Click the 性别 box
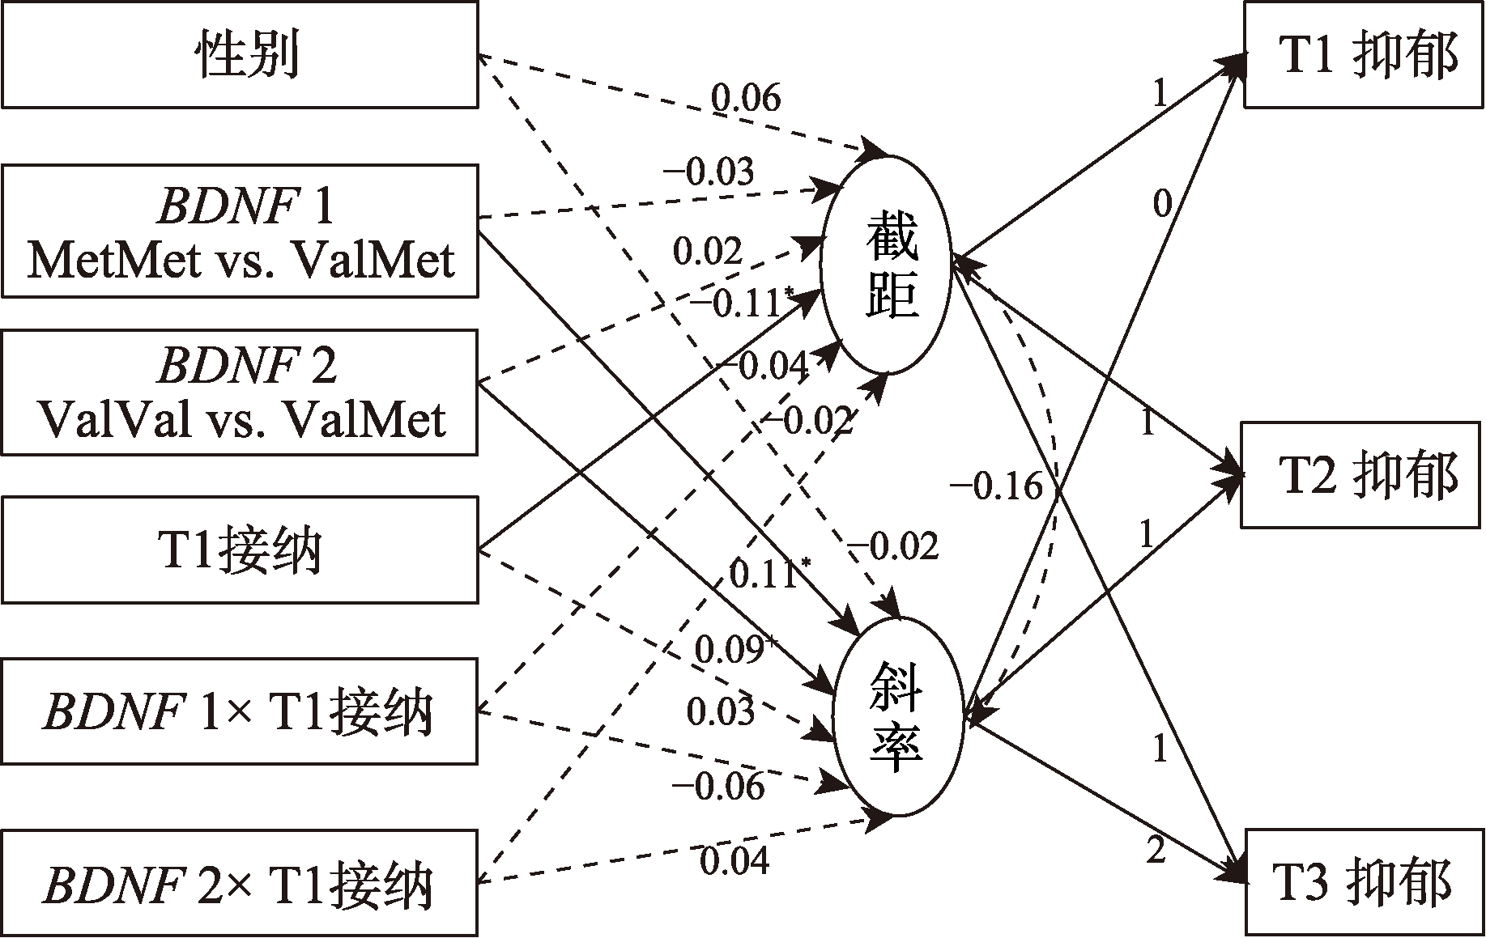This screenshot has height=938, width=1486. click(240, 54)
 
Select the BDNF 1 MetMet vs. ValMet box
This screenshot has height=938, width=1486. click(240, 231)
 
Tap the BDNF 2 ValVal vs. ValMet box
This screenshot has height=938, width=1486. click(240, 392)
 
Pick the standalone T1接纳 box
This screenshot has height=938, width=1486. click(240, 550)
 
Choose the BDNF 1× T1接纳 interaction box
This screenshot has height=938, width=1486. click(240, 712)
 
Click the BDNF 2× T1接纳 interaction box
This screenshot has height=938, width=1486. click(240, 883)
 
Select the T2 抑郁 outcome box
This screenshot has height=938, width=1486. click(1364, 475)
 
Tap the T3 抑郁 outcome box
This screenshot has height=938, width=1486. click(1364, 881)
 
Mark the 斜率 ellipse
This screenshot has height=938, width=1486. click(898, 717)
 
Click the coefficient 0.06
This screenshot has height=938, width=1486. click(746, 99)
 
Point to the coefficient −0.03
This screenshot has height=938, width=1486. click(709, 172)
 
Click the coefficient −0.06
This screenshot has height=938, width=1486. click(718, 786)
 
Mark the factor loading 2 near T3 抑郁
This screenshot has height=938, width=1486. click(1156, 851)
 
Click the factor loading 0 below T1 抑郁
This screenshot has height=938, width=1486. click(1162, 206)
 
